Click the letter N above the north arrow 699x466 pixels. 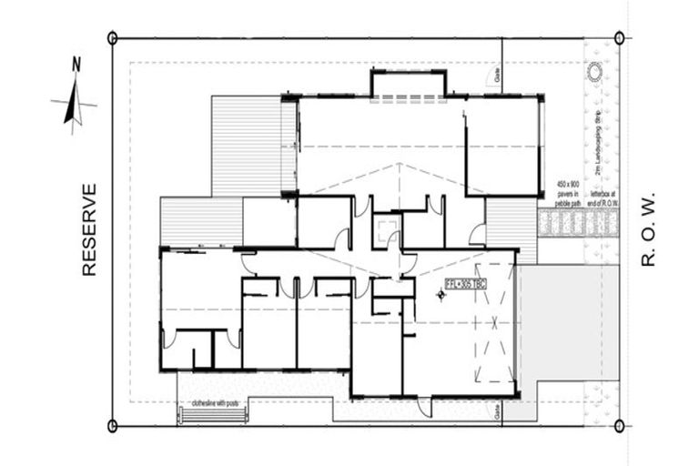(76, 64)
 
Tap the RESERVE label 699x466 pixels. (88, 229)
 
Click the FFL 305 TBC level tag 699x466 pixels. (465, 284)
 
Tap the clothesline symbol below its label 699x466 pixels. (214, 414)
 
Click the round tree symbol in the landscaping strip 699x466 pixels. (595, 72)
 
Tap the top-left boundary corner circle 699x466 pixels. (112, 38)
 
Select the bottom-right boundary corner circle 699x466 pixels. (619, 425)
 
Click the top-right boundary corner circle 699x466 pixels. (619, 38)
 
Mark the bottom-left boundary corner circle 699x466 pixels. (112, 425)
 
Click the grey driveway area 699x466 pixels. (564, 319)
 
